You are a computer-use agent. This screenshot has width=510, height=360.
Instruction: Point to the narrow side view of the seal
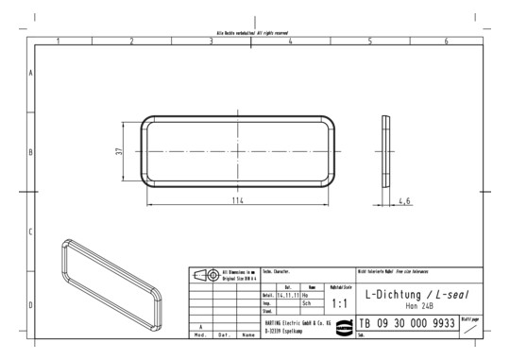(x=385, y=151)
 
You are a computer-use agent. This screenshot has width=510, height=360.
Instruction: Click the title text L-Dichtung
(x=394, y=294)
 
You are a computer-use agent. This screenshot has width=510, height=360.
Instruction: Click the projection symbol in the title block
(x=203, y=275)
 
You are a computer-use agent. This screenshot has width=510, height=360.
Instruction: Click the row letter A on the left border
(x=31, y=73)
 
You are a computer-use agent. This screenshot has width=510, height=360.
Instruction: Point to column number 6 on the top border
(x=448, y=42)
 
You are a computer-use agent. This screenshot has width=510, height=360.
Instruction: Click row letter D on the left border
(x=31, y=305)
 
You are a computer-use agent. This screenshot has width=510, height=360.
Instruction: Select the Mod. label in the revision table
(x=200, y=334)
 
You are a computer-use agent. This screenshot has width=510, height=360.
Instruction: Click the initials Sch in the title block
(x=306, y=302)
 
